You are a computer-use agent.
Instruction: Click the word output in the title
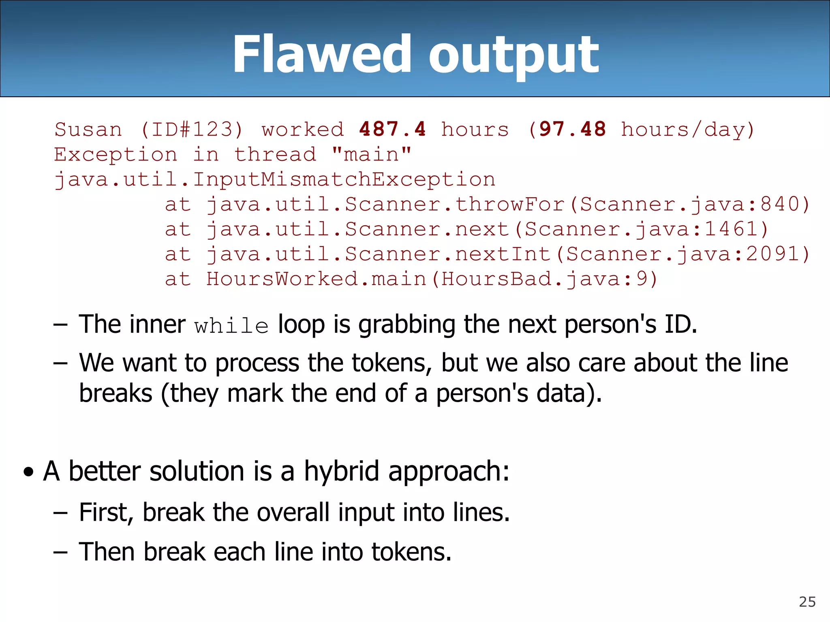[x=513, y=56]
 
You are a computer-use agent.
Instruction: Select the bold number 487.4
[x=392, y=129]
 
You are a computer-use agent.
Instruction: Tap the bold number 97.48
[x=572, y=129]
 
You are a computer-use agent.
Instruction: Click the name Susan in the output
[x=88, y=130]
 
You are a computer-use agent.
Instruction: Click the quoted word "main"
[x=372, y=154]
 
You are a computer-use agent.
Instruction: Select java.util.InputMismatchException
[x=275, y=179]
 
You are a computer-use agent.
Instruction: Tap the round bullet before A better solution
[x=28, y=472]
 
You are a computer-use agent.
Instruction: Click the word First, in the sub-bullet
[x=106, y=512]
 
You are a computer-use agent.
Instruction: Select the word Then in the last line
[x=107, y=552]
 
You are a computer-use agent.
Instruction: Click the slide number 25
[x=807, y=602]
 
